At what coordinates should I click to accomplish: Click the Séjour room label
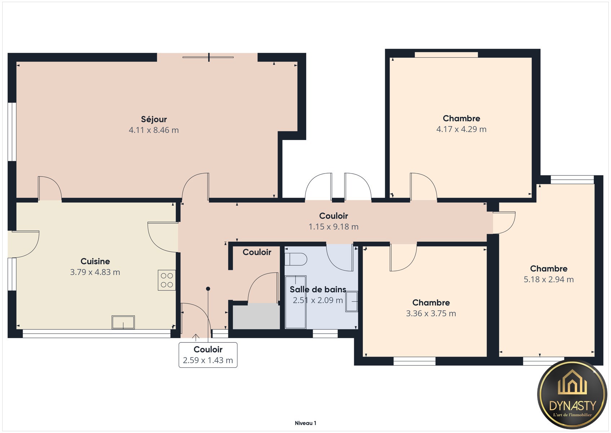[154, 119]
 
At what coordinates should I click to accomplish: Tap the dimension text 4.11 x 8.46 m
[154, 130]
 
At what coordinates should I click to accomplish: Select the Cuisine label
[95, 261]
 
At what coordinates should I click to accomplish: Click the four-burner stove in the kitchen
[167, 280]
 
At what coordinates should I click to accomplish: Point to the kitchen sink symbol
[123, 322]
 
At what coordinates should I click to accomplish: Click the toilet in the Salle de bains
[296, 259]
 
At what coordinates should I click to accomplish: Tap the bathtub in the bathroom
[295, 302]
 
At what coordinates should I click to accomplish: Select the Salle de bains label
[318, 289]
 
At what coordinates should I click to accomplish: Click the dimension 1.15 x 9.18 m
[333, 227]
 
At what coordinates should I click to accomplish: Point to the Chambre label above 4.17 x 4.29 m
[461, 118]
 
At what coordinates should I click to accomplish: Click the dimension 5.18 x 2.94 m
[549, 280]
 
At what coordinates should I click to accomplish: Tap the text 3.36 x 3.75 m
[431, 313]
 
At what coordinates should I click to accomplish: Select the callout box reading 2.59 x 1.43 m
[208, 355]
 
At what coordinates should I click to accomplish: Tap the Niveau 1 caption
[305, 423]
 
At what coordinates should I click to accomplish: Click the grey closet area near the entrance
[256, 317]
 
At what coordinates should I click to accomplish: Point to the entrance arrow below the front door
[196, 338]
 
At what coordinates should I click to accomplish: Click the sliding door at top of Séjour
[208, 57]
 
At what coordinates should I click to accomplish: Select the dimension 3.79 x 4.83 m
[95, 272]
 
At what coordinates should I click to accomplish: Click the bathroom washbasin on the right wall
[352, 302]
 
